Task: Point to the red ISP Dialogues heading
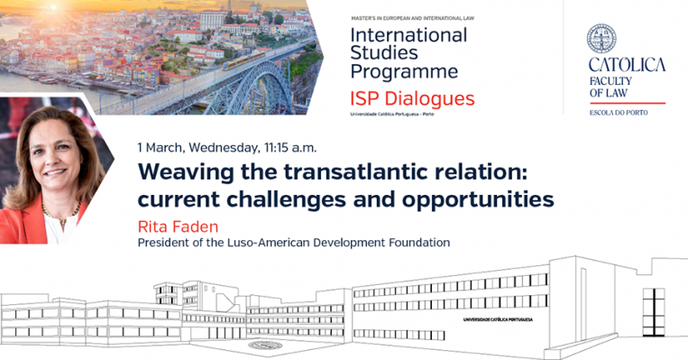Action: pyautogui.click(x=411, y=98)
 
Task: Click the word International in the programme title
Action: pyautogui.click(x=408, y=36)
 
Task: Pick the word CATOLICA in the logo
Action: pyautogui.click(x=627, y=65)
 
